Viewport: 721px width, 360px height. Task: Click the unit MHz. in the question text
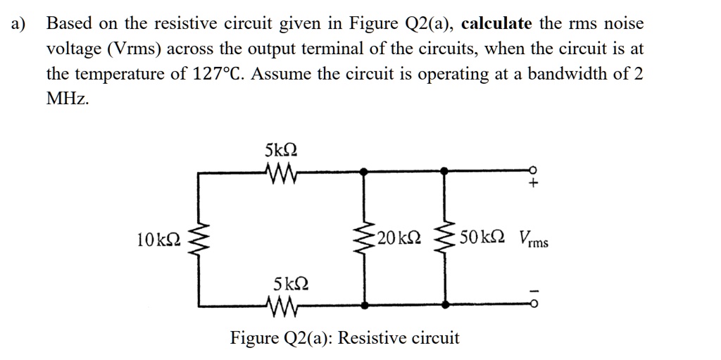[x=68, y=99]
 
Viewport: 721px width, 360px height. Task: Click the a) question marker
[x=18, y=23]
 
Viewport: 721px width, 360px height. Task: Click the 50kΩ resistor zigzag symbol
[x=445, y=237]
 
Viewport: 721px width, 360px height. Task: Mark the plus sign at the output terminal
[x=534, y=185]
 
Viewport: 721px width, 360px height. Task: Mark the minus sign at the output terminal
[x=534, y=290]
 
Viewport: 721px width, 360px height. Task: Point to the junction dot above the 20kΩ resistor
[x=364, y=170]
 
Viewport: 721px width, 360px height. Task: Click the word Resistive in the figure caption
[x=372, y=338]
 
